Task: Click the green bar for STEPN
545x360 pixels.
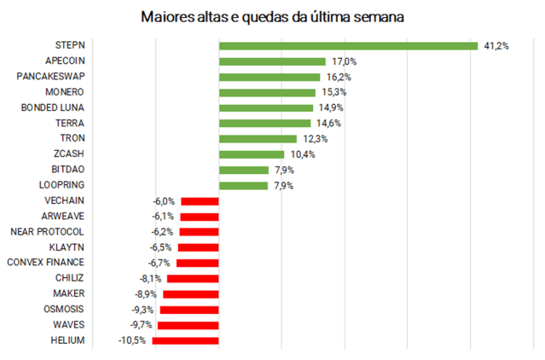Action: point(348,45)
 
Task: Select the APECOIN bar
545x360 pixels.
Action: point(272,61)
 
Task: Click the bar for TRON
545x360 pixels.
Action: point(258,138)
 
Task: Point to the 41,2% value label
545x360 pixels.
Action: point(496,45)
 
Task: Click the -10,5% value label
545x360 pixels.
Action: point(132,340)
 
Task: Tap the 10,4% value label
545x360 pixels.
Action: point(301,154)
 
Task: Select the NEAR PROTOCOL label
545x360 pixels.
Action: point(47,231)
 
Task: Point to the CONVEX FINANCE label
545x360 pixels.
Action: point(45,263)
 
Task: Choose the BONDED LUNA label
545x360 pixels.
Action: point(53,107)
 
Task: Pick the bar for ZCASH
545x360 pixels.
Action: point(252,154)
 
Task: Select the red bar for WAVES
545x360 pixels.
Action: point(188,325)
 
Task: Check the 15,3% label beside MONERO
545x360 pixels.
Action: point(331,92)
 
